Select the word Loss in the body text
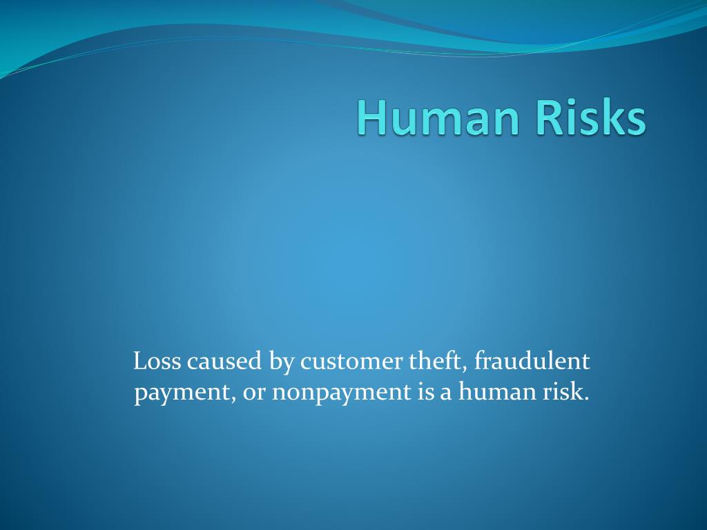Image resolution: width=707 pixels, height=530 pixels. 157,361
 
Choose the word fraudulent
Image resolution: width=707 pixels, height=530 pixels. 532,361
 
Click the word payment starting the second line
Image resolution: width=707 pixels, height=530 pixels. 182,393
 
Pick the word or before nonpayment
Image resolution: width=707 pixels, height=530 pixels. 253,393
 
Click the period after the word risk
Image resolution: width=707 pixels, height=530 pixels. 587,399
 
